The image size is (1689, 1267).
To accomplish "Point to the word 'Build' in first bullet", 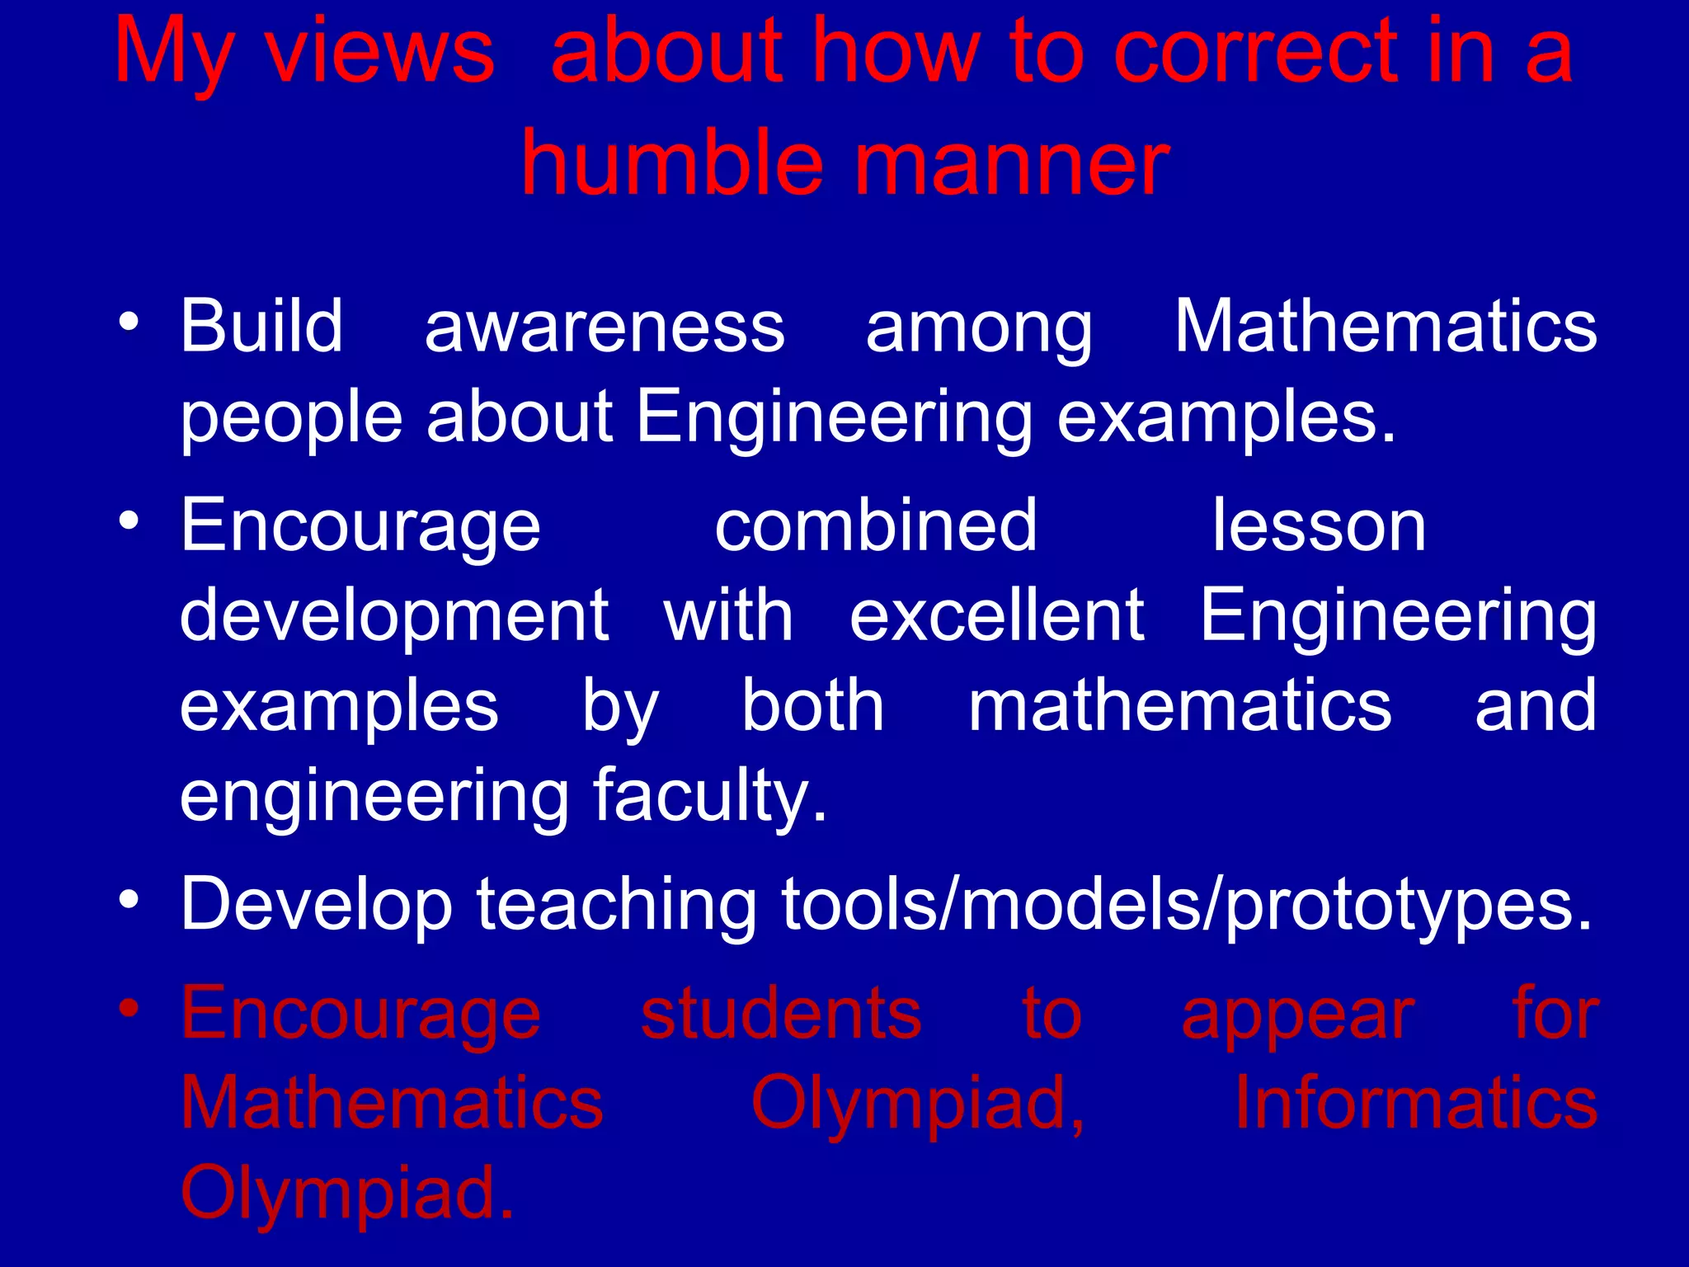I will (x=261, y=326).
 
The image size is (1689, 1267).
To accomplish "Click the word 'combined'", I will (x=875, y=525).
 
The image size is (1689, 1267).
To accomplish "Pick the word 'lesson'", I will (x=1319, y=525).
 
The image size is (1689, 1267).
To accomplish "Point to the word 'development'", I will (x=394, y=617).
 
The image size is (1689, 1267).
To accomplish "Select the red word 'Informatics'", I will (x=1415, y=1103).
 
